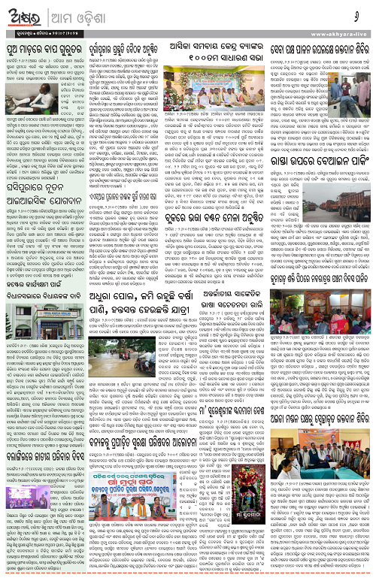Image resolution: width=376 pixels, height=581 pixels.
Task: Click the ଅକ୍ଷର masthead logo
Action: pos(29,15)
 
